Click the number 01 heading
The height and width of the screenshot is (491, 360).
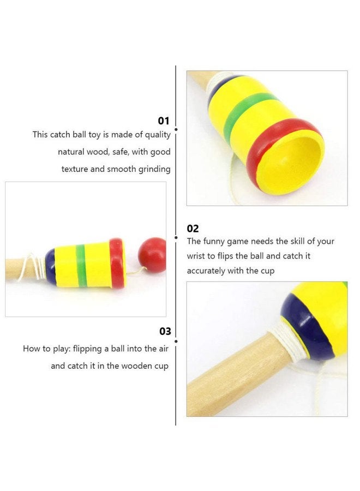(x=164, y=121)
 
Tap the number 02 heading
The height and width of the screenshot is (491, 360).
(x=193, y=229)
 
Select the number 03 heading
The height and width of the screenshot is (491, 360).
(x=165, y=331)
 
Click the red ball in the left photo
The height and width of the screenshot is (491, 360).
(x=152, y=255)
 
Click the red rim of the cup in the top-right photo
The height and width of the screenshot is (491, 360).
(x=256, y=147)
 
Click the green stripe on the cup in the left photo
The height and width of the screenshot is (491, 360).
(x=81, y=266)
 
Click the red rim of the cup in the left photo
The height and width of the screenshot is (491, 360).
(x=117, y=264)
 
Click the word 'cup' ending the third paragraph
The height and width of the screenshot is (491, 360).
(x=161, y=366)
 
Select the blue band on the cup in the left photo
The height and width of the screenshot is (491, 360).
(x=51, y=266)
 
